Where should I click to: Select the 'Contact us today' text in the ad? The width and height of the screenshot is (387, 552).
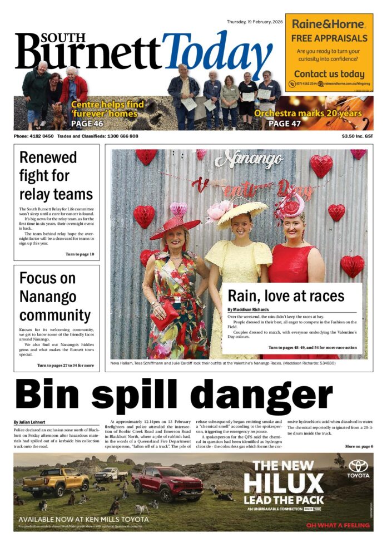(329, 74)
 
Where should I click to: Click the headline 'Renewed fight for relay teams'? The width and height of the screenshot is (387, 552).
(56, 175)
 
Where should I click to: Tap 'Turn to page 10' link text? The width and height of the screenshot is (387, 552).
(80, 254)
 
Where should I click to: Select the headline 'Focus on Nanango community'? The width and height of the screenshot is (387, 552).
(54, 296)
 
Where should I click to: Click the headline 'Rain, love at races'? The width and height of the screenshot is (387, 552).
(286, 295)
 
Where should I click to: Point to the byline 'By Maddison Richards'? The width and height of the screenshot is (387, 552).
(247, 309)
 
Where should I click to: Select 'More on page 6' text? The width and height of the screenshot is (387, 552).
(359, 446)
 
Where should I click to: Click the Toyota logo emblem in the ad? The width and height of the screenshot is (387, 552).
(358, 465)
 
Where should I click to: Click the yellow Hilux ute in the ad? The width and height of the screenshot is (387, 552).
(56, 479)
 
